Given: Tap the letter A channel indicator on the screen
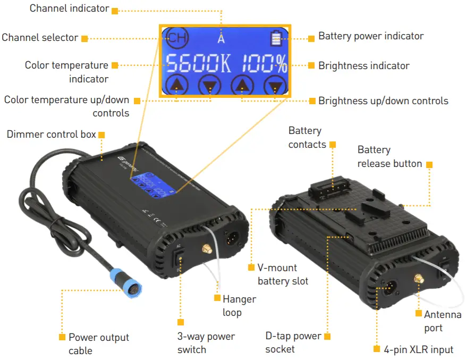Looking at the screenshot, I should (221, 38).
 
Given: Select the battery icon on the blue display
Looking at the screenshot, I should (275, 38).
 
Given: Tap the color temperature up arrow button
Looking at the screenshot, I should (176, 85).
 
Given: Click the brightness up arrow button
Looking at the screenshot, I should (242, 85).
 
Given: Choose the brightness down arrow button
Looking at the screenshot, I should (275, 85).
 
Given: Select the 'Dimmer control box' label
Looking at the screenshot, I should (52, 134).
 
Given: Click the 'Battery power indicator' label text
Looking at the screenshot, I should (371, 37).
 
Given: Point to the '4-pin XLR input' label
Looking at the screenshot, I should (419, 349).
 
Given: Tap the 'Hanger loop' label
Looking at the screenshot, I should (239, 306).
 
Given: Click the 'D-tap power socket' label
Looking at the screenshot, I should (293, 342).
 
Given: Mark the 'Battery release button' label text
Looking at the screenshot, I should (389, 157).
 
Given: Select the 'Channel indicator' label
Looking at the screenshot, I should (69, 9).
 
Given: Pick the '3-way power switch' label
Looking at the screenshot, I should (206, 343).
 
